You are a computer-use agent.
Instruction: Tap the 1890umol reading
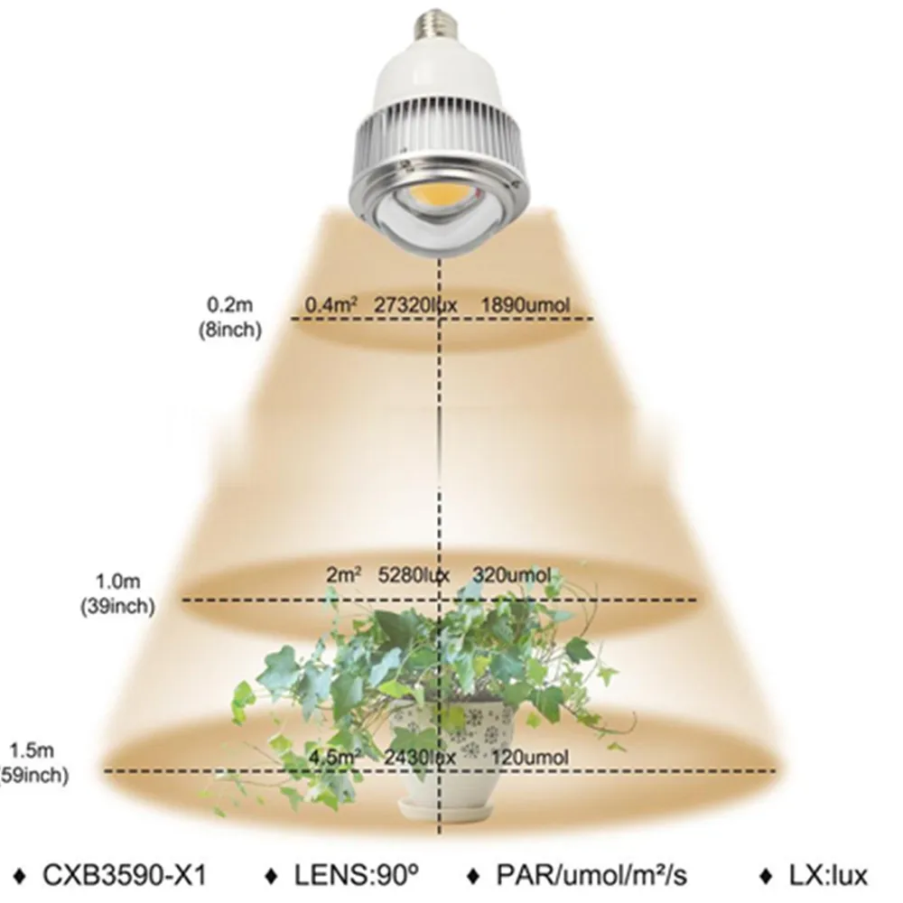[x=527, y=305]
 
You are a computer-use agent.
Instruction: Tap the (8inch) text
[x=229, y=330]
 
